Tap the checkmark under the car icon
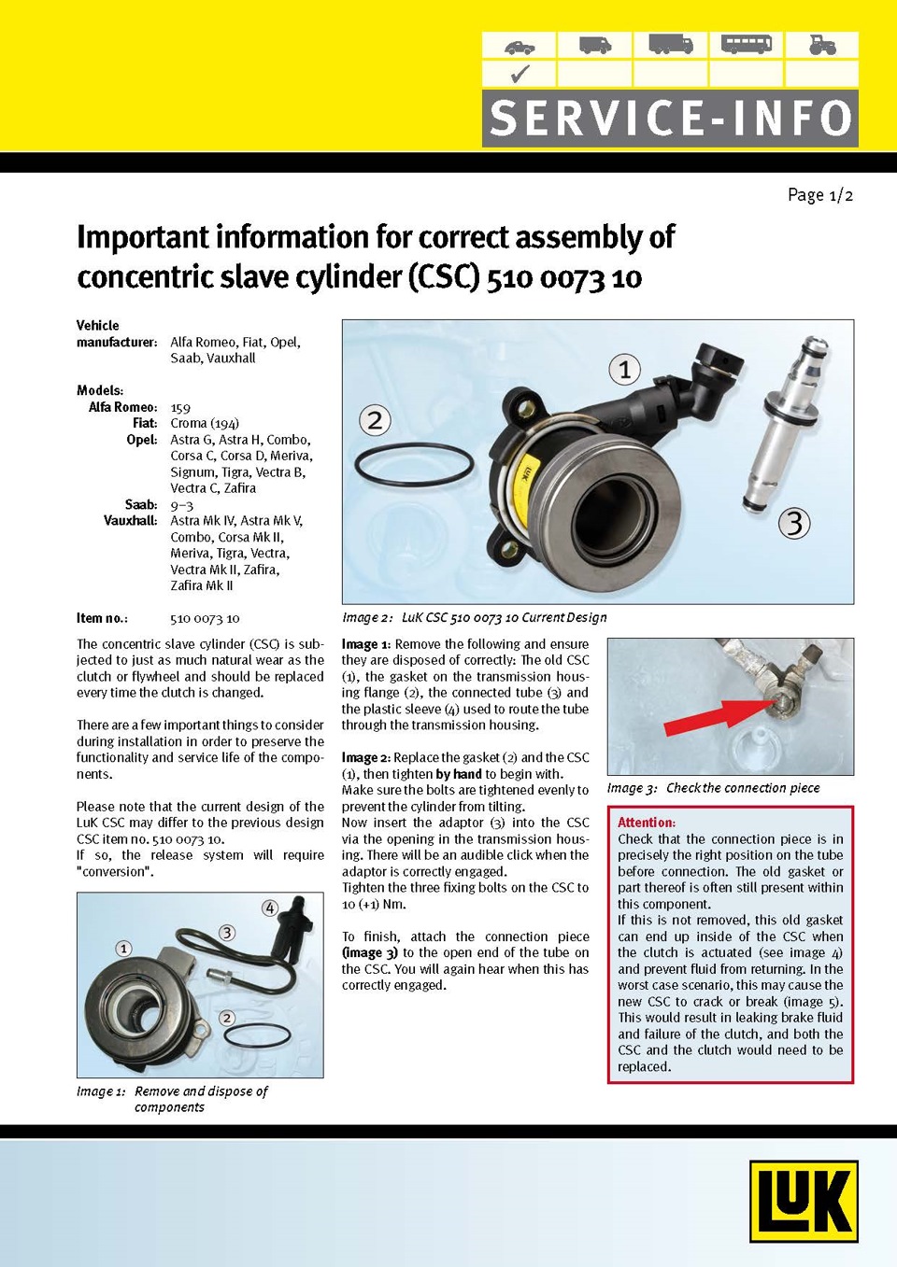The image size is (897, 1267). pos(520,74)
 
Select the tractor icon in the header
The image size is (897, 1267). pos(821,45)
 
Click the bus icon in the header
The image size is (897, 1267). pos(747,44)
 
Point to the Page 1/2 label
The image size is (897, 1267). pos(819,195)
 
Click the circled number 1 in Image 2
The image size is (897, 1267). pos(625,369)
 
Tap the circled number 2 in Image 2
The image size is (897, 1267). pos(375,420)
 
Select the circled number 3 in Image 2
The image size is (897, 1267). pos(794,523)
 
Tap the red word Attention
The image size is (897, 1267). pos(646,823)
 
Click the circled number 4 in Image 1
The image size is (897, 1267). pos(269,908)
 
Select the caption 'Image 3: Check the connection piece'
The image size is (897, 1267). pos(713,788)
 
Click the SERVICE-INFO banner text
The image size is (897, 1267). pos(670,119)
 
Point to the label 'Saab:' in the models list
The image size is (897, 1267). pos(141,504)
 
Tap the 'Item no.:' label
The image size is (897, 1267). pos(102,618)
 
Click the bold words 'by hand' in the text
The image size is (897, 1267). pos(459,774)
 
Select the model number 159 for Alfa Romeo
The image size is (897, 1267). pos(180,407)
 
